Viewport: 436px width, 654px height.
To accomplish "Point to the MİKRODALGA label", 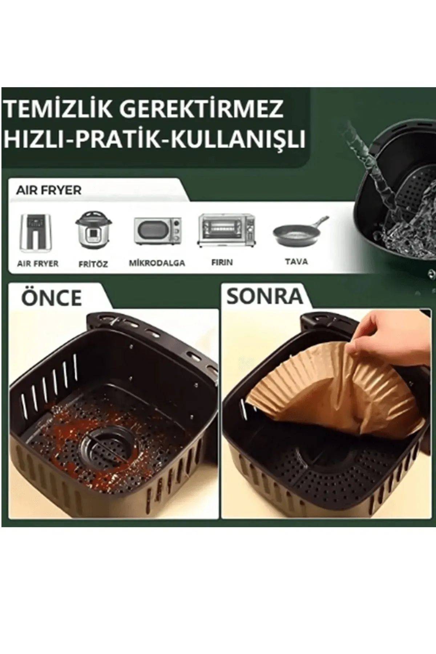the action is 157,263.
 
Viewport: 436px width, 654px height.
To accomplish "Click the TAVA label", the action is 296,261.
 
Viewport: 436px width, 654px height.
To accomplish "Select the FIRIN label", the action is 222,262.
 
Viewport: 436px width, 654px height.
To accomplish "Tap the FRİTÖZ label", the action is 93,264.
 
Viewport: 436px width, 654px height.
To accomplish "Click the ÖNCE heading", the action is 52,298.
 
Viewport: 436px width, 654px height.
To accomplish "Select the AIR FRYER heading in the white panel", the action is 49,190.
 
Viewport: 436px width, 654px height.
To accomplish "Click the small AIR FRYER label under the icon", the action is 38,263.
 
